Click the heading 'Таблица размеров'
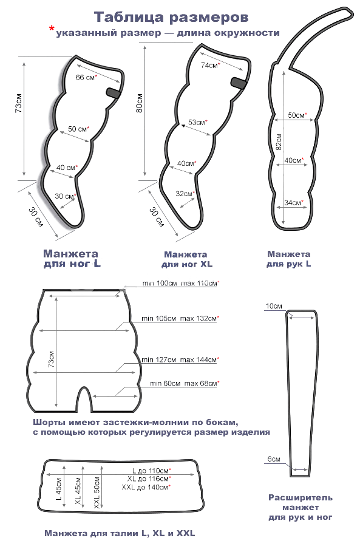point(171,17)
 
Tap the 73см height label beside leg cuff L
point(19,103)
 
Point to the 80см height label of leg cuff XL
point(140,103)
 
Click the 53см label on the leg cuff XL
point(198,123)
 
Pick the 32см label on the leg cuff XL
point(185,194)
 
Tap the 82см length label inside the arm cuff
point(279,142)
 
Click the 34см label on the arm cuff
point(293,203)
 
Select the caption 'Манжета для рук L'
point(288,259)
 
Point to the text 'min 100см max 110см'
point(180,284)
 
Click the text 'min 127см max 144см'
point(180,359)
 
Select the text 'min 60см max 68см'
point(185,383)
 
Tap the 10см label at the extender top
point(274,306)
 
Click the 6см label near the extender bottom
point(274,459)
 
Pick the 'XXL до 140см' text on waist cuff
point(146,487)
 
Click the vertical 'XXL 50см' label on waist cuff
point(97,492)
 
